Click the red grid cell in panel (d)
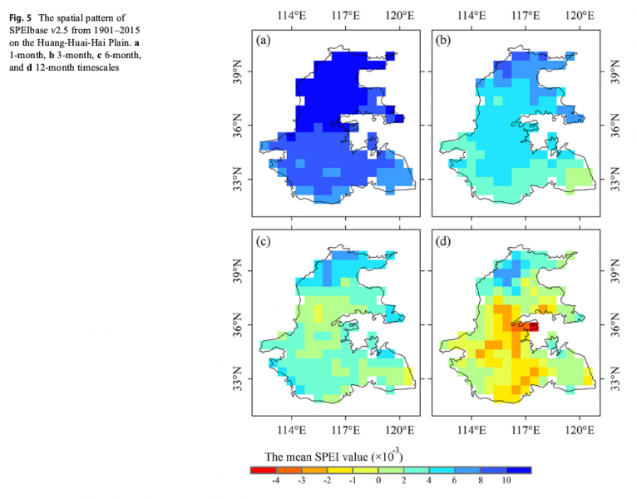pos(531,327)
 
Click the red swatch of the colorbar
pos(263,469)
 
